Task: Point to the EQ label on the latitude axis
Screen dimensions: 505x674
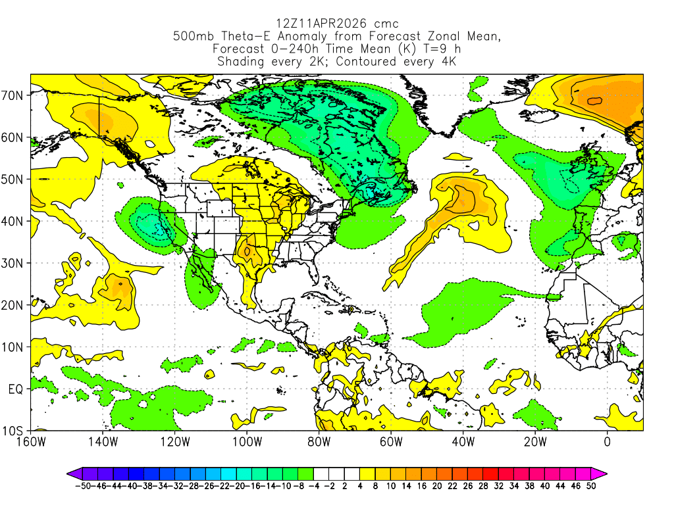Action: click(x=16, y=389)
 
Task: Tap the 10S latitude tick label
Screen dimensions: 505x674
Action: click(x=14, y=431)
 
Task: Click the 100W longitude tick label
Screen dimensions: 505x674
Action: click(x=247, y=441)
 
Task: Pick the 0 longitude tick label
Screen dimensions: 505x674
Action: click(x=607, y=441)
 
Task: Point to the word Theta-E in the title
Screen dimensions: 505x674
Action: click(x=263, y=37)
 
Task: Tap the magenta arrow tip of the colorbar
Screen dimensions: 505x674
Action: click(x=602, y=473)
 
